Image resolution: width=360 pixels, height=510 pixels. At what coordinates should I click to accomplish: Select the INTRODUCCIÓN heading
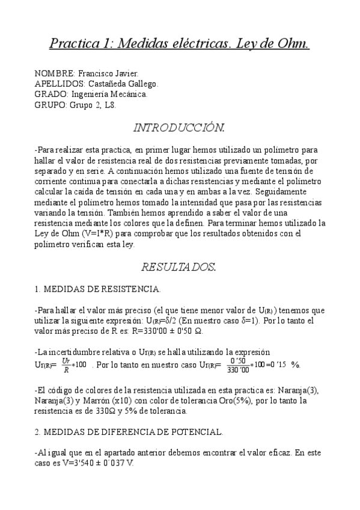[x=179, y=127]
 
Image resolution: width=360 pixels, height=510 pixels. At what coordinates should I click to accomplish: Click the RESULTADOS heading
[x=178, y=266]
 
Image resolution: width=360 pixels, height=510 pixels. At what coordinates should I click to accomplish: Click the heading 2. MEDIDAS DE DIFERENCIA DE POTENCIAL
[x=129, y=432]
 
